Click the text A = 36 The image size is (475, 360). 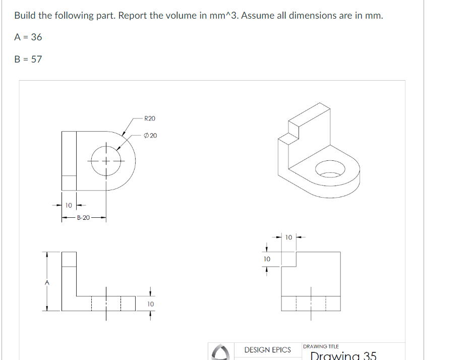[x=28, y=37]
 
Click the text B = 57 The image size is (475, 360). [x=28, y=59]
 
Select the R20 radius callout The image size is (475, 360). [x=150, y=118]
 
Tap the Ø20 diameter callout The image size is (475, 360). [x=150, y=136]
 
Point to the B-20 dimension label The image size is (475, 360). [x=83, y=218]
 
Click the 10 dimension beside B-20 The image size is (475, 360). [x=69, y=205]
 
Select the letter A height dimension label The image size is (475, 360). [x=47, y=283]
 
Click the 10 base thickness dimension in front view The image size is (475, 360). [x=150, y=304]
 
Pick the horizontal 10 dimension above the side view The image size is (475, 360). [x=288, y=237]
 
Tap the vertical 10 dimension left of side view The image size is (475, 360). [x=267, y=259]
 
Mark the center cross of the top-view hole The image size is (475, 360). [x=106, y=161]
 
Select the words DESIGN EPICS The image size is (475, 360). [x=267, y=349]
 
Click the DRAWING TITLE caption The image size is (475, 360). [x=320, y=346]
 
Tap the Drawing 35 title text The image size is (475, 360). [x=343, y=356]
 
